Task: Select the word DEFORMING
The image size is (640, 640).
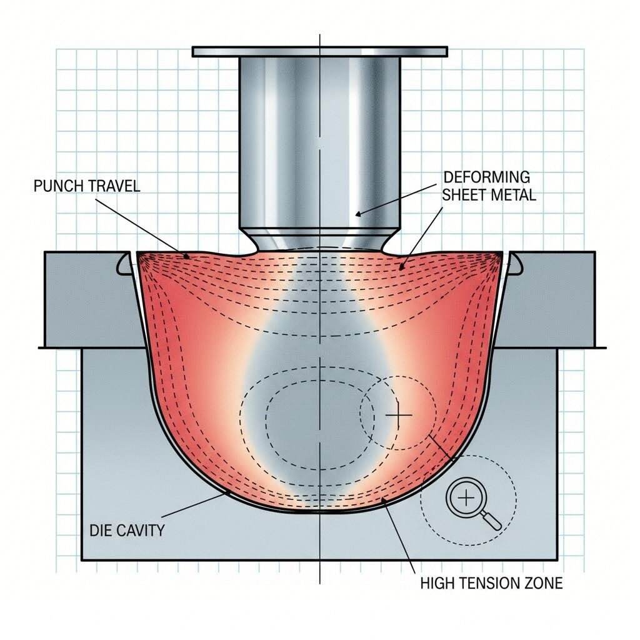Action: (x=486, y=177)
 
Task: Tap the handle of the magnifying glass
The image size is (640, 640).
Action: (x=492, y=521)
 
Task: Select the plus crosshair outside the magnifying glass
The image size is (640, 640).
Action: (x=398, y=416)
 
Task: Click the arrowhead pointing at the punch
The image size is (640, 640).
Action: (x=357, y=214)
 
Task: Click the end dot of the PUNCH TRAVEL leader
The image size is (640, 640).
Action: (x=187, y=256)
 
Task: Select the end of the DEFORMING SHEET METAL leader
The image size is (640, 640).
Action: (x=402, y=267)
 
